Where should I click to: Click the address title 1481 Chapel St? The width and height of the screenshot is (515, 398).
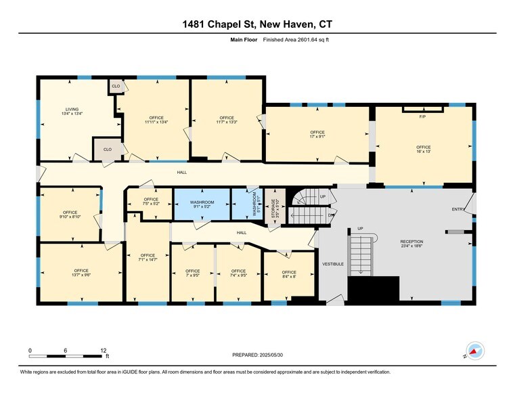coord(257,25)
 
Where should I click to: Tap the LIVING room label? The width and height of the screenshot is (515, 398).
coord(72,112)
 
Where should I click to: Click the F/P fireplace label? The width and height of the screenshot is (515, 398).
coord(422,116)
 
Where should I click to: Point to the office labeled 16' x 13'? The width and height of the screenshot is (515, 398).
coord(423,150)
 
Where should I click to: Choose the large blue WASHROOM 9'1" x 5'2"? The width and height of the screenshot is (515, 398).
coord(202,205)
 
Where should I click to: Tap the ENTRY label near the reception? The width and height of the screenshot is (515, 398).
coord(458,209)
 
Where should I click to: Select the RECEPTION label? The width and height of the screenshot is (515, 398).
coord(411,243)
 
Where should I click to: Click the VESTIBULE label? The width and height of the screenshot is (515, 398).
coord(332,263)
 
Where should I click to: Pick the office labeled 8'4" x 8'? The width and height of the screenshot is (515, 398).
coord(289,275)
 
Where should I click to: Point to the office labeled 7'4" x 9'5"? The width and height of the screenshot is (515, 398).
coord(238,273)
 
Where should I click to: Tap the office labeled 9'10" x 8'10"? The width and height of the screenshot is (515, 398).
coord(70,215)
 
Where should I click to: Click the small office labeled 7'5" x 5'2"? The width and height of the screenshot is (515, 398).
coord(150,202)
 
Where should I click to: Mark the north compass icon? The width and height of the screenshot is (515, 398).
coord(476,350)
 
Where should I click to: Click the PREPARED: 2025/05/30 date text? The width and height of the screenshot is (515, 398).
coord(257,355)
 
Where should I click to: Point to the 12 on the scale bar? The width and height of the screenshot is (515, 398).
coord(104,351)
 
